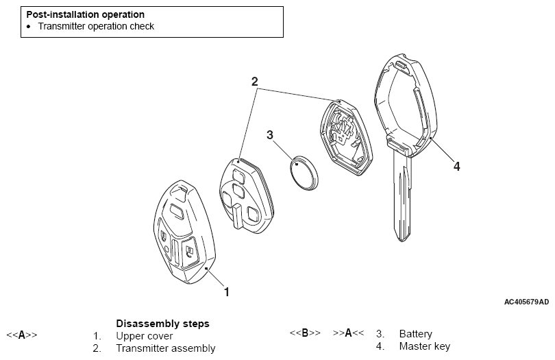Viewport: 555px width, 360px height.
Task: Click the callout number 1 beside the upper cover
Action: click(x=227, y=291)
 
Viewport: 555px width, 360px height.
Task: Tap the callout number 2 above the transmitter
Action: click(x=255, y=82)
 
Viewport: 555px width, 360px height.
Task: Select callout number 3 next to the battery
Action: click(x=271, y=134)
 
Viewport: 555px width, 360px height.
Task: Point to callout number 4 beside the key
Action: click(x=456, y=165)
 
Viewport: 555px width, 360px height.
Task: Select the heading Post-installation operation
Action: click(x=86, y=14)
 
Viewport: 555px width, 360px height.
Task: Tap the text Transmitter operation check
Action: click(x=96, y=27)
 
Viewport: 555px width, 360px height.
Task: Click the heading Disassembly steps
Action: click(x=162, y=323)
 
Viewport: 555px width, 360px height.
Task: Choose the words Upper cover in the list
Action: click(x=145, y=336)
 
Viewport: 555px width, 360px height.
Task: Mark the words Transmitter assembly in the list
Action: click(x=165, y=348)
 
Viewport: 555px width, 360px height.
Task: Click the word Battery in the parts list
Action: click(x=415, y=334)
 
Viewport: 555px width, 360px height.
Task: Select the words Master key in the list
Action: click(x=424, y=346)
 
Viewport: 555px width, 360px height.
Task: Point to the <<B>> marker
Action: click(x=305, y=333)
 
